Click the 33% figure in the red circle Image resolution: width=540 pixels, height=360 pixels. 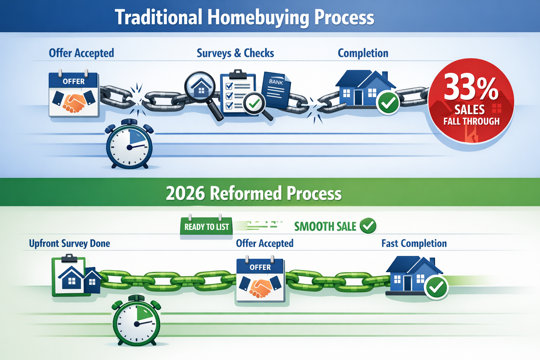471,88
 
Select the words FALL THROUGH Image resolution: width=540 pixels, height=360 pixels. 471,121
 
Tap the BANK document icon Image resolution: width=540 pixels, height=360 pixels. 277,90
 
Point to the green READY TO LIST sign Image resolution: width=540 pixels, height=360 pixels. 206,227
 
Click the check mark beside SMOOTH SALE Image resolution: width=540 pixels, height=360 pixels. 368,226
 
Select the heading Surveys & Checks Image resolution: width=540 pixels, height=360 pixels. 235,53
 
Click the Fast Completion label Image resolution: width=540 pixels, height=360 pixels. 414,243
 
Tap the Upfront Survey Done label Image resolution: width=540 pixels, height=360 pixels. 69,243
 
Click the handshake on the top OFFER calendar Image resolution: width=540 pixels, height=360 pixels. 74,102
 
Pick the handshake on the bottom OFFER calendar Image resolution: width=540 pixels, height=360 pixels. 261,288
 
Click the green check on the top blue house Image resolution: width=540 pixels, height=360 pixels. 388,103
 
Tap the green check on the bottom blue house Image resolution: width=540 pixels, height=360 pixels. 436,287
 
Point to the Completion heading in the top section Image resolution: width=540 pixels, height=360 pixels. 363,53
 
